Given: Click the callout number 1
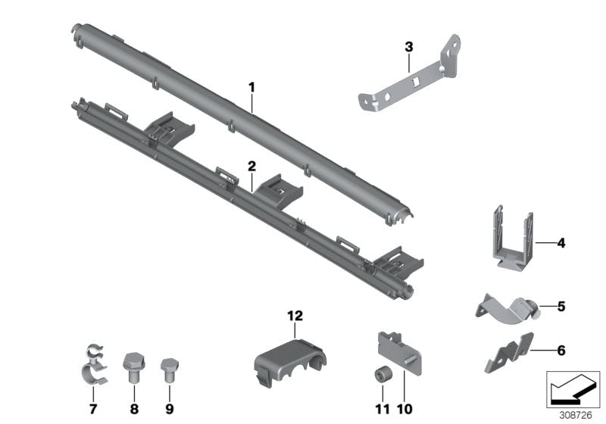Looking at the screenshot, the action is click(251, 88).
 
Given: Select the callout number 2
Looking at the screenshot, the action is click(251, 167).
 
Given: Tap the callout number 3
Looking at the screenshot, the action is click(409, 47).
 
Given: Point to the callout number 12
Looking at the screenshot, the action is click(295, 316).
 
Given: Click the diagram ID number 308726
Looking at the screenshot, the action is click(576, 415).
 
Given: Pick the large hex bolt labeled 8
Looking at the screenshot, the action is click(134, 367).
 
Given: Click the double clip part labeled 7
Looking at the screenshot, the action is click(94, 363).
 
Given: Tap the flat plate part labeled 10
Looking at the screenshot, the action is click(399, 352).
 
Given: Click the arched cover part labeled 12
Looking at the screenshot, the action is click(290, 361).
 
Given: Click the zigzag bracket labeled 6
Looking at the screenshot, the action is click(508, 354).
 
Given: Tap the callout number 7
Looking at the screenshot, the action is click(93, 409).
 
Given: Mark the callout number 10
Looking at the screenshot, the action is click(405, 409).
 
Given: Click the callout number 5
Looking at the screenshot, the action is click(561, 306).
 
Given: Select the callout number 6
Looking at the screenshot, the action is click(561, 351).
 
